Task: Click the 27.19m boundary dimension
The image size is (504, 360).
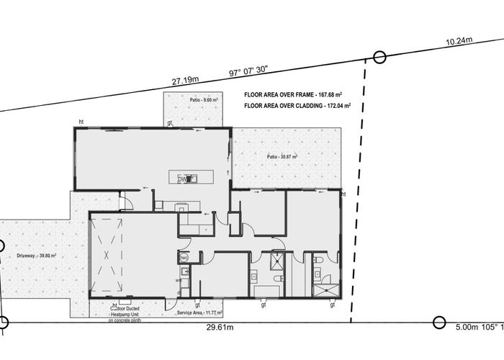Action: (186, 81)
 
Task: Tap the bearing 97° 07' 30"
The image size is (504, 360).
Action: (248, 71)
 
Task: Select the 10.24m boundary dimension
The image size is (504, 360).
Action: (459, 42)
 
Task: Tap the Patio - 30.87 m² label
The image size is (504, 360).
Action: (282, 156)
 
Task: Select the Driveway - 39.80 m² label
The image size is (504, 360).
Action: (37, 255)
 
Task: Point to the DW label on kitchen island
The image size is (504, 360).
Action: (184, 179)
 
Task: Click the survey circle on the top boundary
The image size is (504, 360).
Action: (379, 58)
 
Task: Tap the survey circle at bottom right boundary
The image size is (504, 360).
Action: (438, 323)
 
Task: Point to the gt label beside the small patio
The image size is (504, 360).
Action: (170, 123)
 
